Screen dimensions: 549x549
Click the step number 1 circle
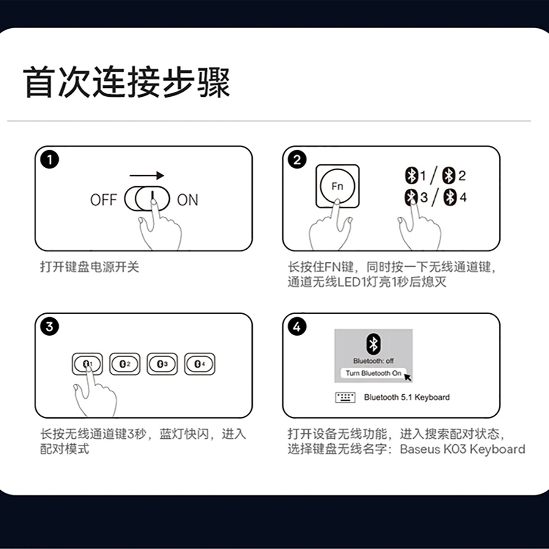point(49,160)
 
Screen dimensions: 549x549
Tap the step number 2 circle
point(297,160)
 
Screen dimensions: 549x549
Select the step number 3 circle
point(49,326)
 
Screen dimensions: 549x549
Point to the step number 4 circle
point(297,326)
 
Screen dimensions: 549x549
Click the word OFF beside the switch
point(103,200)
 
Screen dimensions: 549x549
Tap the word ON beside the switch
point(188,200)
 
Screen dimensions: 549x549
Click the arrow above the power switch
point(147,175)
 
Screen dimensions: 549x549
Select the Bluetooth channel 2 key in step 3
point(125,364)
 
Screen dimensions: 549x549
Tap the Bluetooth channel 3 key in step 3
point(163,364)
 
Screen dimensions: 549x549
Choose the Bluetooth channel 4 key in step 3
point(200,364)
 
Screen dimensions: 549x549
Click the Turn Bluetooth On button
point(373,373)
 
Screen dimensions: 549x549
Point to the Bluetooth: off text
point(373,361)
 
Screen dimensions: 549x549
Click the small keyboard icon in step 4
point(345,397)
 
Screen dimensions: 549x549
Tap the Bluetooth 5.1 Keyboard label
point(407,397)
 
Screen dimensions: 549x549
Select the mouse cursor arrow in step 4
point(408,377)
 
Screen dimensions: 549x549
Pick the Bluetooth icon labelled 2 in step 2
point(448,175)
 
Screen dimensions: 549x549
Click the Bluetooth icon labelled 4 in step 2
point(450,197)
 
